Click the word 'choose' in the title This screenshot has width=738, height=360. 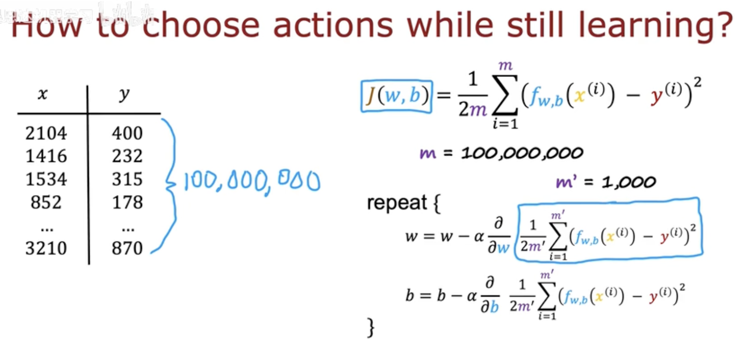pyautogui.click(x=201, y=25)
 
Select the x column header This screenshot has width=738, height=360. pyautogui.click(x=42, y=94)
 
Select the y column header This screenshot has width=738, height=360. pyautogui.click(x=124, y=94)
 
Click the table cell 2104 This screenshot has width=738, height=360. pyautogui.click(x=46, y=133)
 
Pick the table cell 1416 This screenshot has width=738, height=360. pyautogui.click(x=46, y=156)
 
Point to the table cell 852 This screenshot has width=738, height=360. pyautogui.click(x=46, y=202)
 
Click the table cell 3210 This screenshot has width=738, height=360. pyautogui.click(x=46, y=248)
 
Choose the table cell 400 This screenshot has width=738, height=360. pyautogui.click(x=127, y=133)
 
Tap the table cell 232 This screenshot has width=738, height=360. pyautogui.click(x=127, y=156)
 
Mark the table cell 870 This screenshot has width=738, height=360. pyautogui.click(x=127, y=248)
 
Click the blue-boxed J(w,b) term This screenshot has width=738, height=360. pyautogui.click(x=396, y=96)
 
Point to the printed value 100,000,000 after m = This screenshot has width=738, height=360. pyautogui.click(x=522, y=153)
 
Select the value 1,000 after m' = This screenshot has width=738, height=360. pyautogui.click(x=629, y=182)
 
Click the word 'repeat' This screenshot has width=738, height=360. pyautogui.click(x=397, y=203)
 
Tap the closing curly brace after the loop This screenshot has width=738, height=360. pyautogui.click(x=371, y=328)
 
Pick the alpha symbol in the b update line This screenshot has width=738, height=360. pyautogui.click(x=472, y=296)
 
